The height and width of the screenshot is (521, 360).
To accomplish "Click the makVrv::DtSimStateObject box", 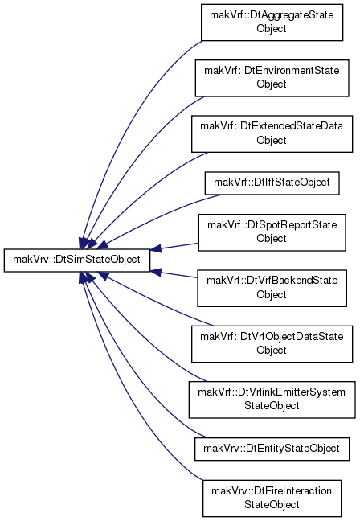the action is pyautogui.click(x=76, y=260).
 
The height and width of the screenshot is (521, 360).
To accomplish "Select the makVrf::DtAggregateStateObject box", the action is pyautogui.click(x=272, y=23).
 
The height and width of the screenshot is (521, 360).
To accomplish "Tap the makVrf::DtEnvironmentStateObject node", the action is pyautogui.click(x=272, y=78).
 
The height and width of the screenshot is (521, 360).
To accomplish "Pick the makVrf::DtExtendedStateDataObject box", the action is pyautogui.click(x=272, y=133).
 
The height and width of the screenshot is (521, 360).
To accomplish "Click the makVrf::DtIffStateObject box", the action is pyautogui.click(x=272, y=183).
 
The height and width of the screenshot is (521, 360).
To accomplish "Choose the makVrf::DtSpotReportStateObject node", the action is pyautogui.click(x=272, y=232).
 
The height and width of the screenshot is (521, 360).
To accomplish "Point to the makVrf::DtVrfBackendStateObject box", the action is pyautogui.click(x=272, y=288).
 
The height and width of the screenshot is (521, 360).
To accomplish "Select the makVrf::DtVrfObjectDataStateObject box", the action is pyautogui.click(x=272, y=343).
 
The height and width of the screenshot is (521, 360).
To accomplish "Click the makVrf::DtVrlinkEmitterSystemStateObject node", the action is pyautogui.click(x=272, y=400).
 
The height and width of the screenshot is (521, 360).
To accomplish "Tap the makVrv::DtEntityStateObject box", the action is pyautogui.click(x=272, y=449).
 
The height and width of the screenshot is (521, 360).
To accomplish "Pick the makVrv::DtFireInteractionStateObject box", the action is pyautogui.click(x=272, y=498).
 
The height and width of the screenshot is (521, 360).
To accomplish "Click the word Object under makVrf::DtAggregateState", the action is pyautogui.click(x=272, y=29).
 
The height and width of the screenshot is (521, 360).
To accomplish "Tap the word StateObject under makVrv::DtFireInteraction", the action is pyautogui.click(x=272, y=505).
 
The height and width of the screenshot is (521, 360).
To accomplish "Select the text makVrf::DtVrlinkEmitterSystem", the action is pyautogui.click(x=272, y=392).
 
